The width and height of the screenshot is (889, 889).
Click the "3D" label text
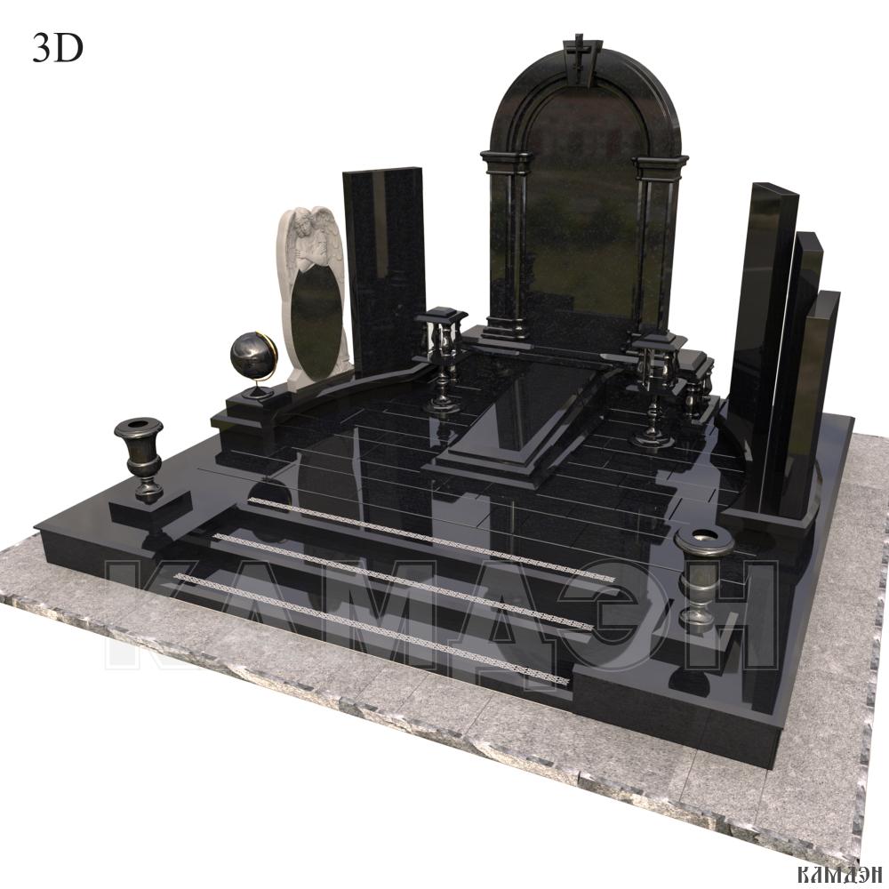57,49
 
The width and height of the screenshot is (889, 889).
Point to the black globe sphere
252,355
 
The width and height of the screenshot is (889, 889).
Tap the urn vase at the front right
704,573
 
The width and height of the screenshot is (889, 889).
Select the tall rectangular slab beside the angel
384,271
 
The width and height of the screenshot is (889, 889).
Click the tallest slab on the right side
763,346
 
